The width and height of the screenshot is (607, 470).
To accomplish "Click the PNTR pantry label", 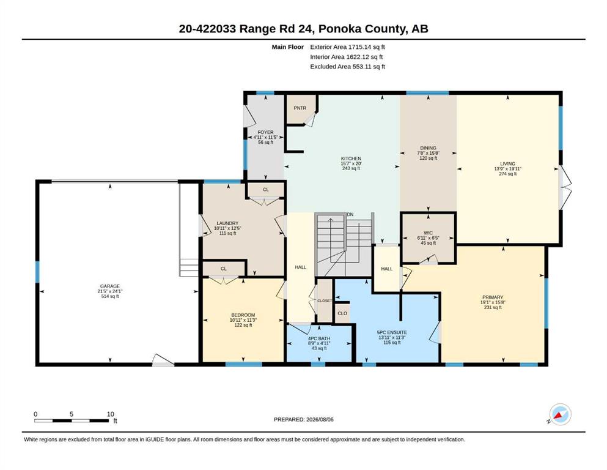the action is pyautogui.click(x=300, y=108).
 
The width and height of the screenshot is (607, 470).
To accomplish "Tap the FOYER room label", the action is pyautogui.click(x=265, y=132).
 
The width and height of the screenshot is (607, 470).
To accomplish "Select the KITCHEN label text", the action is pyautogui.click(x=351, y=159).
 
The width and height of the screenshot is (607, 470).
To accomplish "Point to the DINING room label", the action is pyautogui.click(x=428, y=148).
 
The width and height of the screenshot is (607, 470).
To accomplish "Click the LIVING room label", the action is pyautogui.click(x=507, y=164).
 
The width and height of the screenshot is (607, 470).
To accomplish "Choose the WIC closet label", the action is pyautogui.click(x=428, y=233).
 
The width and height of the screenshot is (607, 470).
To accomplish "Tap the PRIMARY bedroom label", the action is pyautogui.click(x=493, y=297).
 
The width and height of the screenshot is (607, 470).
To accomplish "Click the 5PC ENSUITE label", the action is pyautogui.click(x=392, y=332).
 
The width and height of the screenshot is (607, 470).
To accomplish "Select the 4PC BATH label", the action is pyautogui.click(x=319, y=338).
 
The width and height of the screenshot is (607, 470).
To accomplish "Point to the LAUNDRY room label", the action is pyautogui.click(x=227, y=223).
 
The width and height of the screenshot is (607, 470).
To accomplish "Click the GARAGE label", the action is pyautogui.click(x=110, y=286).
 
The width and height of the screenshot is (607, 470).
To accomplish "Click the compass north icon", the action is pyautogui.click(x=560, y=414).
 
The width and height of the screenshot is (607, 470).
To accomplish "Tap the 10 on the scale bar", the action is pyautogui.click(x=111, y=414).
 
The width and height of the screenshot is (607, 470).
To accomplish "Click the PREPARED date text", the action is pyautogui.click(x=303, y=419).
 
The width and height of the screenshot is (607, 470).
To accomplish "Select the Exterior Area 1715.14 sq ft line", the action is pyautogui.click(x=347, y=47).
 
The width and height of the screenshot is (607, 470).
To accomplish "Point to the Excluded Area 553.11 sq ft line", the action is pyautogui.click(x=348, y=66).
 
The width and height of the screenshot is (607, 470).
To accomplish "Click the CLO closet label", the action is pyautogui.click(x=342, y=313).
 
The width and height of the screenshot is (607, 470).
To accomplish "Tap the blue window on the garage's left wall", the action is pyautogui.click(x=37, y=272).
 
